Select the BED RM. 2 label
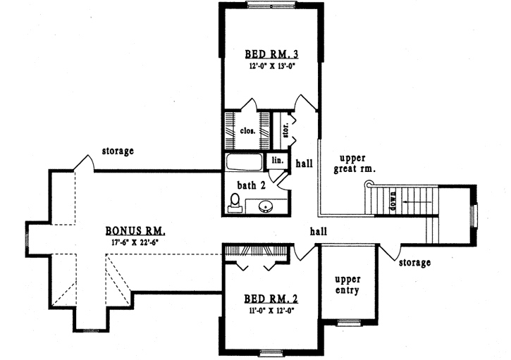271,298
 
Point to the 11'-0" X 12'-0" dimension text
271,309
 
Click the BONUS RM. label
136,230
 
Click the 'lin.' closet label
278,161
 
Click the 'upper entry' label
347,284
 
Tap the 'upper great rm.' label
357,163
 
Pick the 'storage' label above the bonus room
118,151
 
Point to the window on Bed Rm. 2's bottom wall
271,352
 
